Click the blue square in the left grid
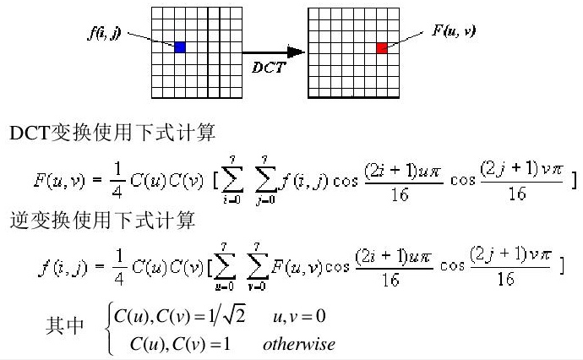click(179, 47)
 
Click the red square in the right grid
click(382, 48)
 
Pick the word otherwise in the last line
click(298, 344)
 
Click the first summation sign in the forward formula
click(230, 180)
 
